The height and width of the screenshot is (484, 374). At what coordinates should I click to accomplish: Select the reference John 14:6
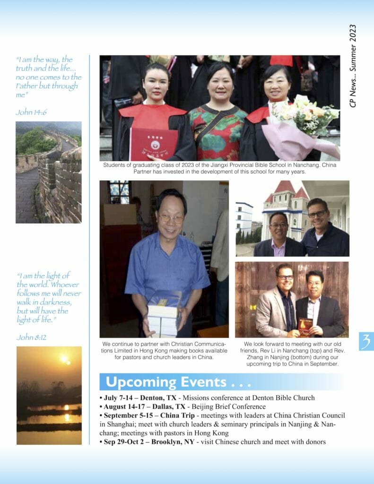[31, 112]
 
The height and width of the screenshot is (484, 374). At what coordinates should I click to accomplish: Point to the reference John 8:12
[31, 337]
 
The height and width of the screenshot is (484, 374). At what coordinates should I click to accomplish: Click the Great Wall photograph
[48, 172]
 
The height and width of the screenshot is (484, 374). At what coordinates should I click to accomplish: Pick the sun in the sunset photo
[64, 359]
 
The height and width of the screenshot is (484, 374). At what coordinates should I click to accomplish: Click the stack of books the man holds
[163, 317]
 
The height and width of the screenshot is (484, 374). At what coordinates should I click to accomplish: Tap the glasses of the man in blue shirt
[171, 218]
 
